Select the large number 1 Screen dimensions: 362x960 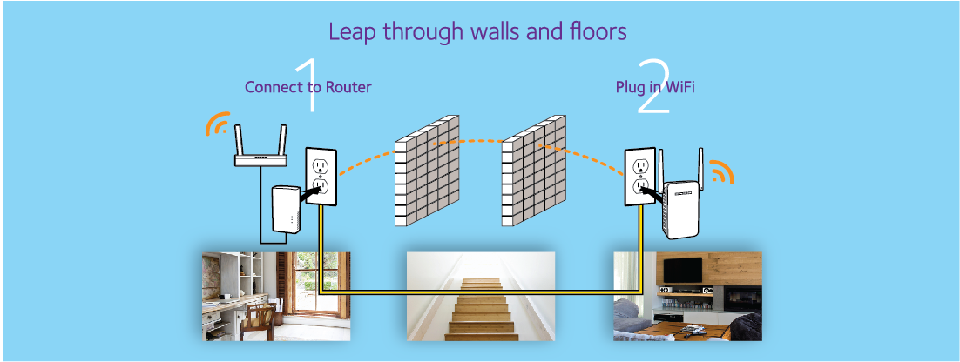click(305, 86)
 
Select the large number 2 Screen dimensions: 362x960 click(652, 87)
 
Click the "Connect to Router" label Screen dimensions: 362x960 click(308, 87)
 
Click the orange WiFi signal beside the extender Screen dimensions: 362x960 click(720, 172)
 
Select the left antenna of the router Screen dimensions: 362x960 click(241, 138)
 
